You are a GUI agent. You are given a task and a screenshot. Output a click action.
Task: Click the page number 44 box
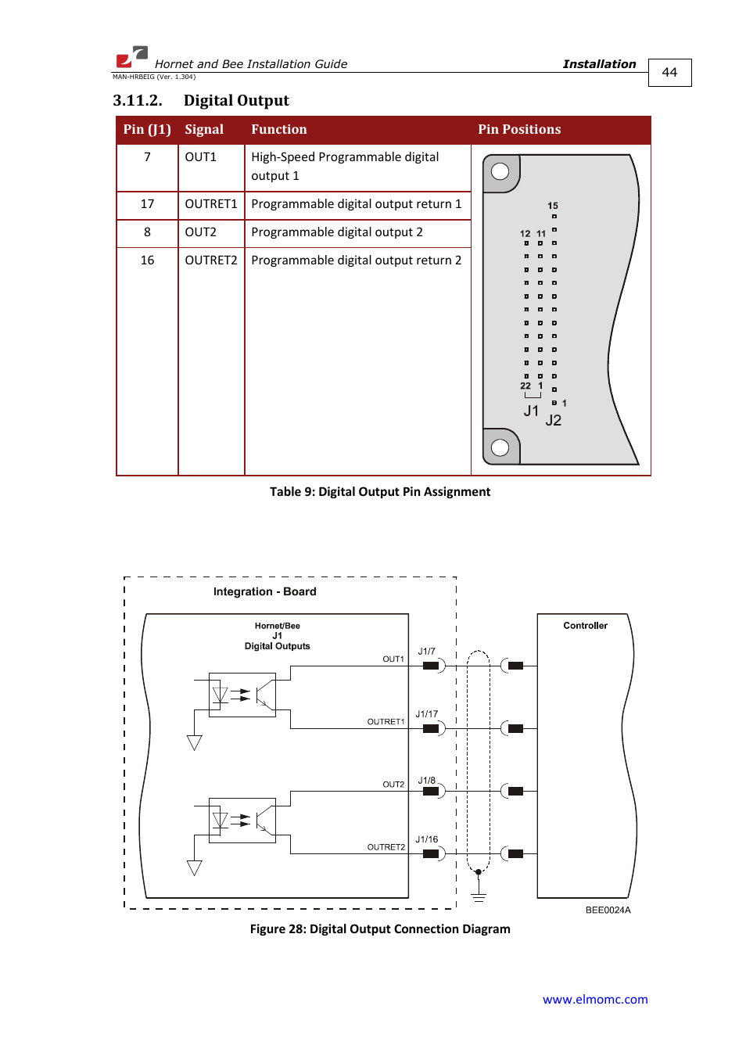pyautogui.click(x=669, y=72)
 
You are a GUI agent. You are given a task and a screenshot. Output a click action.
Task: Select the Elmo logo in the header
pyautogui.click(x=132, y=57)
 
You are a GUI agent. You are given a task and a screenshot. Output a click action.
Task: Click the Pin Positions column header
pyautogui.click(x=519, y=129)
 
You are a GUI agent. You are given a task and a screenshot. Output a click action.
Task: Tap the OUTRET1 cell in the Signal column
pyautogui.click(x=210, y=203)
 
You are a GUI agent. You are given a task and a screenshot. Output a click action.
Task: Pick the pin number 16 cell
pyautogui.click(x=147, y=260)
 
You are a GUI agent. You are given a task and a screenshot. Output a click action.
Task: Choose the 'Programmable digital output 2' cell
pyautogui.click(x=336, y=232)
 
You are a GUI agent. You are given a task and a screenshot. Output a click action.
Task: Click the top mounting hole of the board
pyautogui.click(x=500, y=171)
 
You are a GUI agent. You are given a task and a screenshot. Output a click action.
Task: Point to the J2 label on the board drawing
pyautogui.click(x=554, y=420)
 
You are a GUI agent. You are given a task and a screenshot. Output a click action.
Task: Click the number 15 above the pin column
pyautogui.click(x=552, y=206)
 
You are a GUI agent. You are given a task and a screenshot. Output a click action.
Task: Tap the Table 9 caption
pyautogui.click(x=380, y=492)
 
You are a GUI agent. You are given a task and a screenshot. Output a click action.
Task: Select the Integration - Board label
pyautogui.click(x=264, y=591)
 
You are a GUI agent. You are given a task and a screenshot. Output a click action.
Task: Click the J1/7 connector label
pyautogui.click(x=426, y=651)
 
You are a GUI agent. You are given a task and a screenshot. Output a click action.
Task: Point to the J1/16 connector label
pyautogui.click(x=426, y=839)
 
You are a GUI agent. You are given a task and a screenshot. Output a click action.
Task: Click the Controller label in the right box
pyautogui.click(x=585, y=626)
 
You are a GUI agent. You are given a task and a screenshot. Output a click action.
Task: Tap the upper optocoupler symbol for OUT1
pyautogui.click(x=242, y=695)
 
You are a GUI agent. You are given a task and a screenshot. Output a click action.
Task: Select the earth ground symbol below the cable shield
pyautogui.click(x=479, y=896)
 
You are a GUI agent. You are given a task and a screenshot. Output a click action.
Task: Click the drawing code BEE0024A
pyautogui.click(x=608, y=910)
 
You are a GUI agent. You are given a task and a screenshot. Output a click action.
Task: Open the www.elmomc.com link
pyautogui.click(x=595, y=999)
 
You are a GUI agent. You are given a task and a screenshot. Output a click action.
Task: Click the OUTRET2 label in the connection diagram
pyautogui.click(x=386, y=847)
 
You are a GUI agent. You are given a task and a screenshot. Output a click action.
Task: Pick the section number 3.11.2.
pyautogui.click(x=138, y=100)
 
